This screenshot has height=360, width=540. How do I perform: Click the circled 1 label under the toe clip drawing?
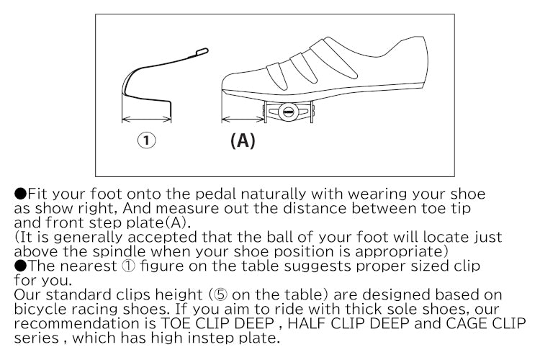click(146, 140)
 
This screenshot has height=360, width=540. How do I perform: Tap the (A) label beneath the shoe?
click(243, 140)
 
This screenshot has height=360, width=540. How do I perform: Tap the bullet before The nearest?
click(20, 264)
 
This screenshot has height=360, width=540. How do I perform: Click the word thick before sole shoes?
click(308, 309)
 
